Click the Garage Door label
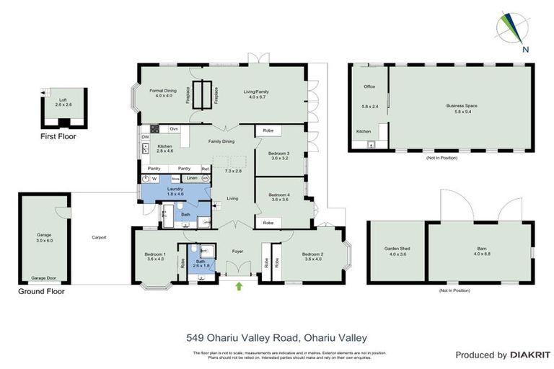click(x=45, y=278)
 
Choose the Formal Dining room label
click(x=162, y=92)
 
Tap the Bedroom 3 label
click(x=279, y=154)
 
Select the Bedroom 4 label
click(x=279, y=195)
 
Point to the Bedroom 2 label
click(x=312, y=254)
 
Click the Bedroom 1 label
click(x=156, y=254)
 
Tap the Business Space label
click(x=462, y=106)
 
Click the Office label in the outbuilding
click(x=369, y=86)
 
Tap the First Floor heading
click(x=58, y=136)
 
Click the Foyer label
click(x=237, y=252)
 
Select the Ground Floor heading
click(x=41, y=292)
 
